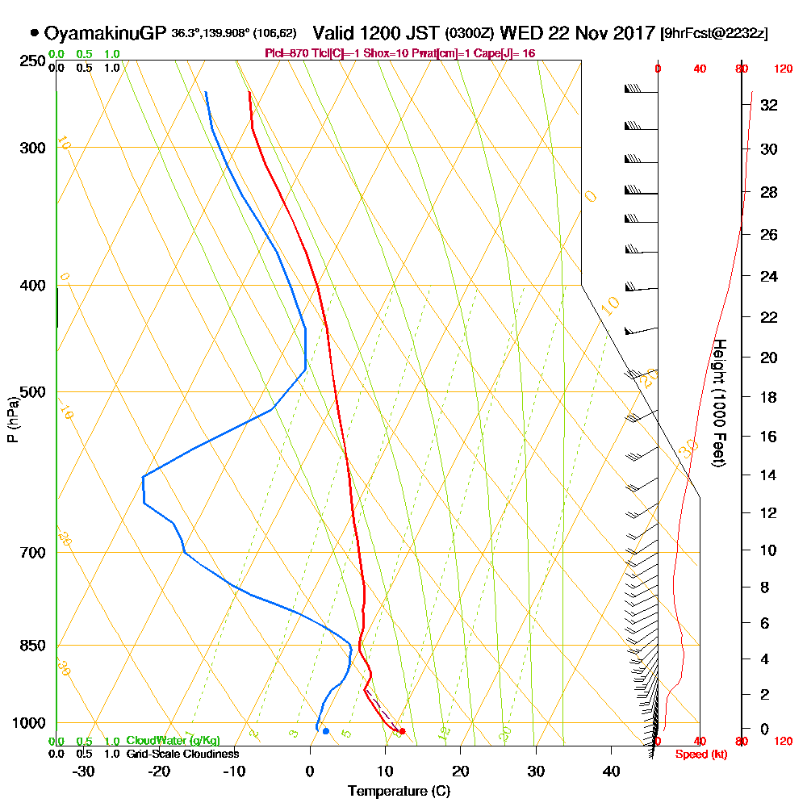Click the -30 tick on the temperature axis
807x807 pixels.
(84, 771)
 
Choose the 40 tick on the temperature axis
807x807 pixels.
(611, 771)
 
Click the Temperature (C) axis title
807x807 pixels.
(399, 792)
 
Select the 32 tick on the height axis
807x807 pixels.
(768, 105)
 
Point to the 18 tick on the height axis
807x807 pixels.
(768, 397)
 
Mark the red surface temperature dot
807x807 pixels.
(402, 731)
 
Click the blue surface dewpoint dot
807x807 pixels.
(325, 731)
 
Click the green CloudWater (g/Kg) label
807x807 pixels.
(173, 741)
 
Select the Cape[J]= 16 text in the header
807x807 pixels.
(509, 53)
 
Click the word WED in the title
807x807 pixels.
(521, 33)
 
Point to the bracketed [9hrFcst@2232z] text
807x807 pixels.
(714, 34)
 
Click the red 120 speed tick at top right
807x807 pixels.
(783, 69)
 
